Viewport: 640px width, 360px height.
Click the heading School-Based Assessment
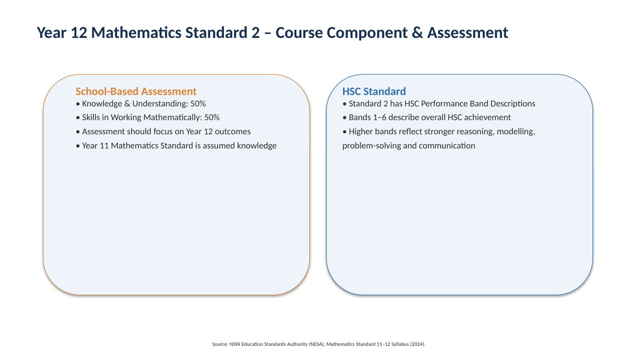coord(136,91)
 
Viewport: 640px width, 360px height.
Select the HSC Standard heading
coord(374,91)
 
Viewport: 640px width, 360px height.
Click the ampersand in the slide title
coord(417,32)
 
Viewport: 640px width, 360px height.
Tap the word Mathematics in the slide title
coord(136,32)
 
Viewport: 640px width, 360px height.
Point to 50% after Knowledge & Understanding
coord(198,104)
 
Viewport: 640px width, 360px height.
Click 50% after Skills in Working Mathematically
coord(212,117)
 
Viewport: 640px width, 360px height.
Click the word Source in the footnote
coord(220,344)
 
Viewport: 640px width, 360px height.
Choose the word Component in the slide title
coord(367,33)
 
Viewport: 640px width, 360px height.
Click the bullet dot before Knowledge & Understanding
coord(78,104)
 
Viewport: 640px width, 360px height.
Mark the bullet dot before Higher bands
coord(344,132)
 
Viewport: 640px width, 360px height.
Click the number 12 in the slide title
coord(79,32)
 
